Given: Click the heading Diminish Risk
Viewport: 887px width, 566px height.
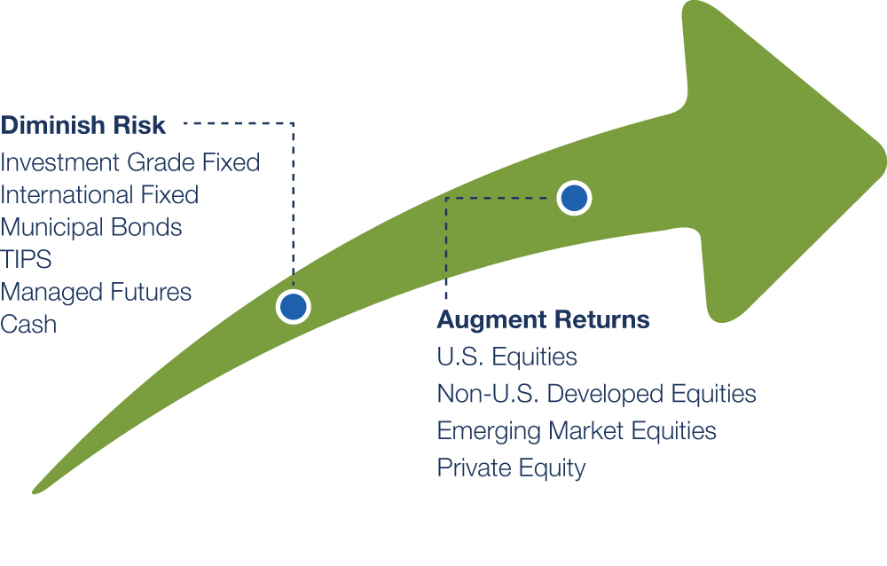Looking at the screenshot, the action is (83, 125).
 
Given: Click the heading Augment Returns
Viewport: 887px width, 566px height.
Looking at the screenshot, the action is (543, 320).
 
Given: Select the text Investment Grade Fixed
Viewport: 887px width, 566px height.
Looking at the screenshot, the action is (130, 162).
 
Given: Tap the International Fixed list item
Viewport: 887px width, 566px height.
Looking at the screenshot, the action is (99, 194).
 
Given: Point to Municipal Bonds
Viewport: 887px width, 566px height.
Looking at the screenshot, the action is (91, 227).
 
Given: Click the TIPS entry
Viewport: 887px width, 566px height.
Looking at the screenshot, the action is (26, 260).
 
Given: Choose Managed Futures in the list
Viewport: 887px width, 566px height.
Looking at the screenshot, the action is (96, 293).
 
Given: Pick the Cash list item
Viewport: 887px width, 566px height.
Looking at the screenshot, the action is (28, 325).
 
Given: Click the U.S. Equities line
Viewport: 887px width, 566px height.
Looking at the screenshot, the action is (506, 358).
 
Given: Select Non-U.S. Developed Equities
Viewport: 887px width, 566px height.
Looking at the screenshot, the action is (597, 394).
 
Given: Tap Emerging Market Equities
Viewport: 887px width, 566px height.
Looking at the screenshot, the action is (577, 431).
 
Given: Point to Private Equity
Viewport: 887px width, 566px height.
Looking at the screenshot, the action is (512, 468).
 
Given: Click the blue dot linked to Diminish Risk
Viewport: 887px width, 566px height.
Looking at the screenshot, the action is (294, 307).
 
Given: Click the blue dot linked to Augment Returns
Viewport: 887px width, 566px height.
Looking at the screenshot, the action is (574, 198).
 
